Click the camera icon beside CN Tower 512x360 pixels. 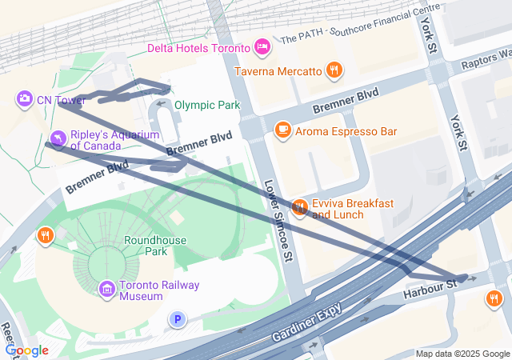coord(25,98)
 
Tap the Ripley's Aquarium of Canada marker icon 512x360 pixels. coord(57,141)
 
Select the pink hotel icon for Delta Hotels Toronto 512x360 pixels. coord(262,48)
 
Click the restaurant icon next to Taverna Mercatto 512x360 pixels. coord(334,71)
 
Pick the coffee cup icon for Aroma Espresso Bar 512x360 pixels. coord(282,130)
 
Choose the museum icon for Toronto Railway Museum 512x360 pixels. coord(106,289)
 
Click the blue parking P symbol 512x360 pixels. coord(178,320)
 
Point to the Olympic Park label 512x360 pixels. coord(206,105)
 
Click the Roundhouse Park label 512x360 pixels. coord(155,246)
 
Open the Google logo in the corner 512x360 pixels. coord(26,350)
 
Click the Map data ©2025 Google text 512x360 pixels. coord(462,354)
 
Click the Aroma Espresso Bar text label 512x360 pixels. coord(346,130)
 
